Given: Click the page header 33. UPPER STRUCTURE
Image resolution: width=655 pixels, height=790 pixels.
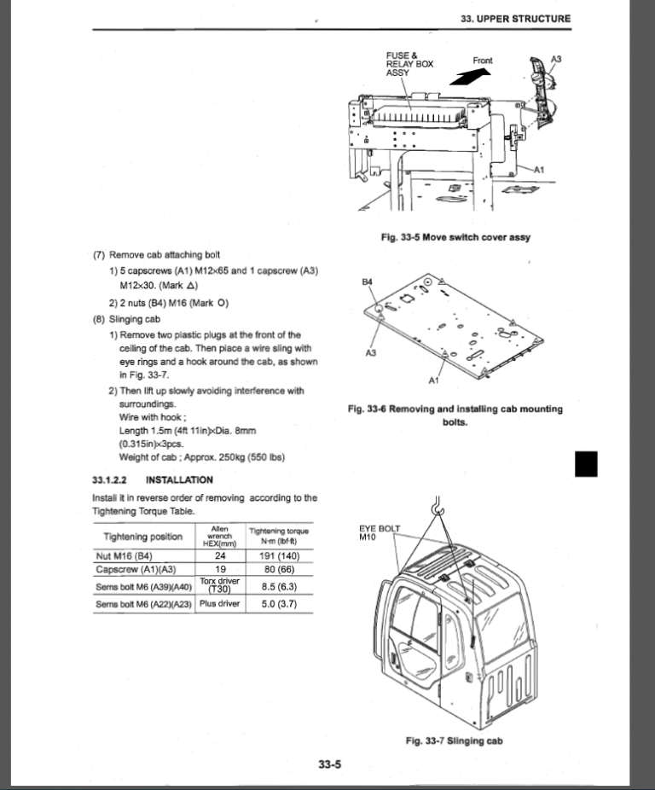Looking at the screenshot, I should click(x=515, y=18).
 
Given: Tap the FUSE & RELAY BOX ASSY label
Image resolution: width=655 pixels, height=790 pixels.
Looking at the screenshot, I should click(x=409, y=65).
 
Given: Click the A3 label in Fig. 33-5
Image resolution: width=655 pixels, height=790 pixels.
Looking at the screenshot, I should click(x=556, y=59).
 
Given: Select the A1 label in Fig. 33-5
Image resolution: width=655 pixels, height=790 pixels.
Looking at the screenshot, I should click(x=539, y=169).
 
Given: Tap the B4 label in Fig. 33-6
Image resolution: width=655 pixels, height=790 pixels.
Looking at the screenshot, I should click(x=368, y=281).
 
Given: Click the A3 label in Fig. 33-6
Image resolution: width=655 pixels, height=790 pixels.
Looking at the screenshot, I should click(x=371, y=352).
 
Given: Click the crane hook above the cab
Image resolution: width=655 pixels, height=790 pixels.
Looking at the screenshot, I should click(x=436, y=508).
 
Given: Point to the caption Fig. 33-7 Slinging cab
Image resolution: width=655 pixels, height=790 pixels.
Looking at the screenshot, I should click(x=454, y=741).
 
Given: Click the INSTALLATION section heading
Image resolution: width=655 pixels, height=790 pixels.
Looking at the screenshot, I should click(x=179, y=479).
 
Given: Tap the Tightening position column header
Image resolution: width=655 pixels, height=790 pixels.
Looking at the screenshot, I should click(x=142, y=537).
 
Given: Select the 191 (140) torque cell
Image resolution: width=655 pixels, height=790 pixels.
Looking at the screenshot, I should click(x=278, y=555).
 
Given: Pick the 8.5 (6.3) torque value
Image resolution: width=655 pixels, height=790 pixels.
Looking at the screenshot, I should click(x=278, y=586).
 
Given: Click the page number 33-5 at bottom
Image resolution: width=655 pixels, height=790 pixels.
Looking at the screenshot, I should click(x=330, y=764).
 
